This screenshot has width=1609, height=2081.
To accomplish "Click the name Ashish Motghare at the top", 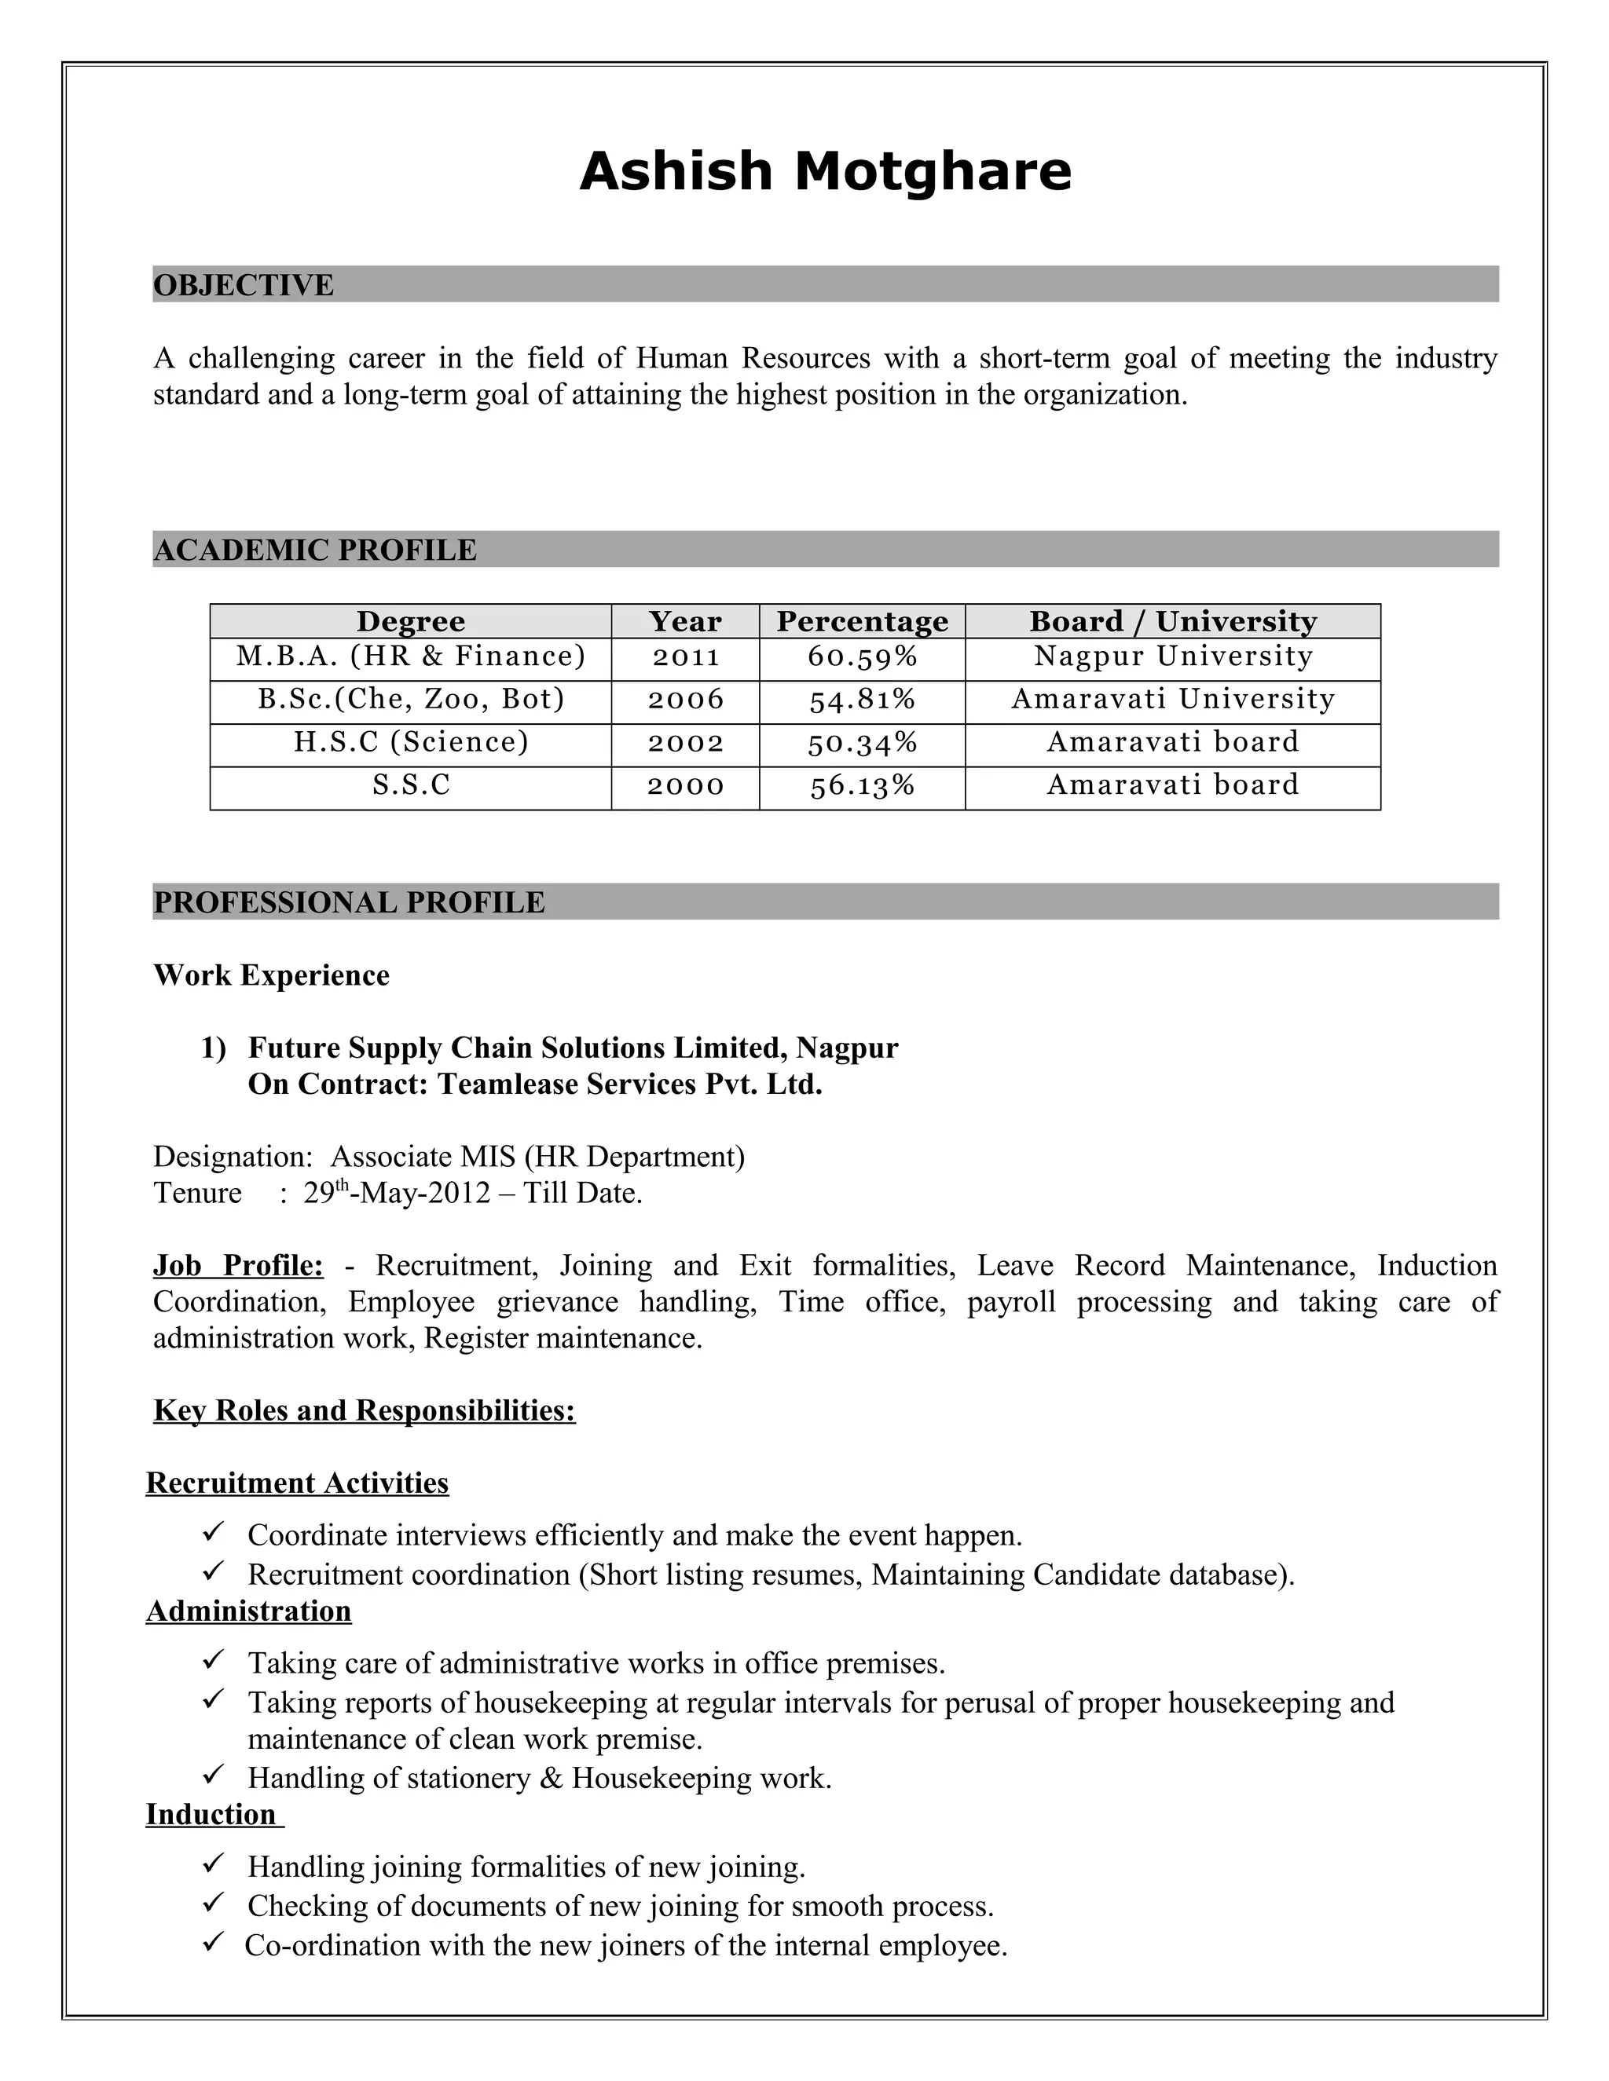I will [x=826, y=173].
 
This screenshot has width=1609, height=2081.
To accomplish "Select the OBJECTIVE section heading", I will [x=244, y=285].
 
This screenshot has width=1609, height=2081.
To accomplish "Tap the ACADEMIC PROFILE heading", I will [x=314, y=550].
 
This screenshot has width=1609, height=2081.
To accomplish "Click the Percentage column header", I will [x=862, y=621].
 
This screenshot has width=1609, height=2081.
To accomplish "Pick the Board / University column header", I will [x=1172, y=621].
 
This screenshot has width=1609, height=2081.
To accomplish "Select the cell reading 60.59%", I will [x=862, y=656].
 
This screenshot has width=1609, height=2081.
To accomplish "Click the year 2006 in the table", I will [x=685, y=700].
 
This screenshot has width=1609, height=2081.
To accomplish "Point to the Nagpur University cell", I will [x=1172, y=656].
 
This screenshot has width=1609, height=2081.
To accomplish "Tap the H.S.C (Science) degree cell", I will [x=411, y=742].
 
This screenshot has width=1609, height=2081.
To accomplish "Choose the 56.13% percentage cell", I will [x=862, y=785].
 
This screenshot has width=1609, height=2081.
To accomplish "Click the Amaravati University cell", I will [x=1172, y=700].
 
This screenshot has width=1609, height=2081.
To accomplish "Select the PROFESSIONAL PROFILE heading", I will [x=349, y=902].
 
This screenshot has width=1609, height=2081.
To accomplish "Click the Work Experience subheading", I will [x=272, y=975].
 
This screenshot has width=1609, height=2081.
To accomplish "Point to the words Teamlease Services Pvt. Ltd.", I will [x=629, y=1084].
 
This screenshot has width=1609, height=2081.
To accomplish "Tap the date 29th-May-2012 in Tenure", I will [x=397, y=1193].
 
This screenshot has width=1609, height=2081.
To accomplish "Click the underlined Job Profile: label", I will [x=238, y=1265].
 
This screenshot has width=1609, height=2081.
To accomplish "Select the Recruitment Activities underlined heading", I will [x=298, y=1483].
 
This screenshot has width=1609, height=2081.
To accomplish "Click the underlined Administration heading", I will [x=249, y=1611].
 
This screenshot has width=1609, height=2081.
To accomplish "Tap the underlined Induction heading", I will [x=211, y=1814].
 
